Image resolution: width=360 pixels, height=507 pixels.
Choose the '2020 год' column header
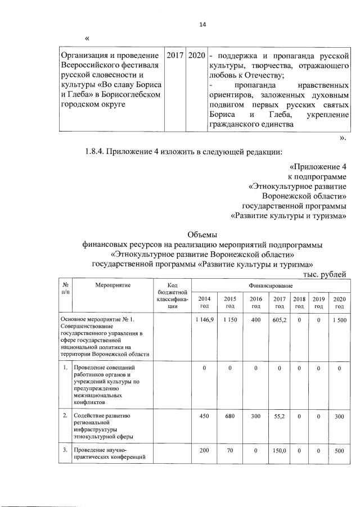pyautogui.click(x=339, y=302)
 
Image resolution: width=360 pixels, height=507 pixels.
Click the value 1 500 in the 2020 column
pyautogui.click(x=339, y=319)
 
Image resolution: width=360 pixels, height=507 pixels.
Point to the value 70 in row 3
pyautogui.click(x=229, y=451)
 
